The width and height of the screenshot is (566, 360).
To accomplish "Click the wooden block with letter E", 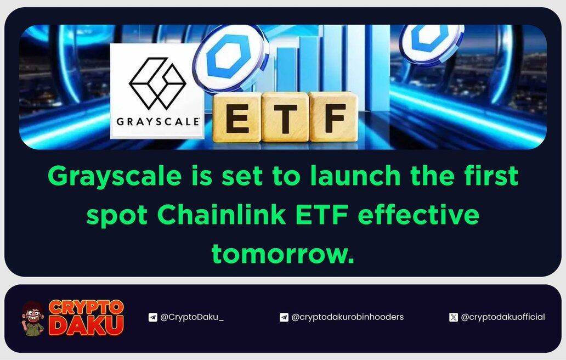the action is [x=237, y=117].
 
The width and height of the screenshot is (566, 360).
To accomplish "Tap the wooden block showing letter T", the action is [x=285, y=117].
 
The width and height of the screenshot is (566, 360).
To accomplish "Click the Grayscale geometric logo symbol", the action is [x=157, y=83].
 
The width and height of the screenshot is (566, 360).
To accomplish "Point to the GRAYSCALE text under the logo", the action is [x=158, y=121].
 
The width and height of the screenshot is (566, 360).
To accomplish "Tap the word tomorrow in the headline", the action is [x=282, y=254].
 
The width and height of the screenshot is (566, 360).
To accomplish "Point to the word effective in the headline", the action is [x=418, y=215].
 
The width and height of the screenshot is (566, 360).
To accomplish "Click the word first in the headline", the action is [x=491, y=176].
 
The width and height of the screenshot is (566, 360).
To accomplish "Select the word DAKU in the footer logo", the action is [x=86, y=325].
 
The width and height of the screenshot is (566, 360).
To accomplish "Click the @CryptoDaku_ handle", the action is [x=191, y=317].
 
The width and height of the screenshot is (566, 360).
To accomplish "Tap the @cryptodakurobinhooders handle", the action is [x=347, y=317].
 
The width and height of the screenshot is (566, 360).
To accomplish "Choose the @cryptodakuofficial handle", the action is [x=503, y=317].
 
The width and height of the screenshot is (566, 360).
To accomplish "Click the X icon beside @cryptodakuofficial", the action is [x=454, y=317].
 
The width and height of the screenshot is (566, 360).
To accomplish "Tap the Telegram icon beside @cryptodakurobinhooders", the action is [x=284, y=317].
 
